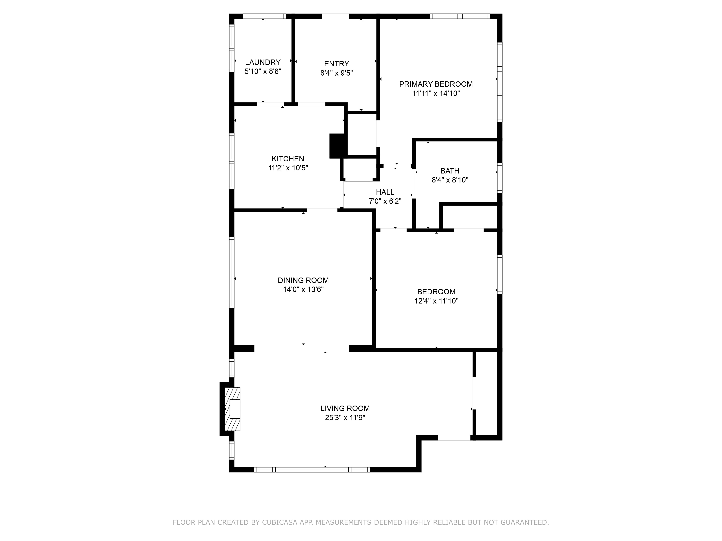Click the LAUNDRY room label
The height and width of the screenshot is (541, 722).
[263, 62]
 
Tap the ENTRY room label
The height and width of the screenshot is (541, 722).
[336, 64]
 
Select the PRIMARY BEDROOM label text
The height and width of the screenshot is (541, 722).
[436, 84]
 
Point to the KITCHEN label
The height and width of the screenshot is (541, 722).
[288, 159]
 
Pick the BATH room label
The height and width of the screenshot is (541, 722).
[450, 171]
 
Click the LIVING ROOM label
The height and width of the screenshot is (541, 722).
[345, 408]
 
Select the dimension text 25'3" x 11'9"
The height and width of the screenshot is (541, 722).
[345, 418]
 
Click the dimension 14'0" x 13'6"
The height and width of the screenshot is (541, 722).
[303, 290]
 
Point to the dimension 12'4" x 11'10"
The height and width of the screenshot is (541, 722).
[436, 301]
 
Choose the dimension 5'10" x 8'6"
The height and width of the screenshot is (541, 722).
[263, 71]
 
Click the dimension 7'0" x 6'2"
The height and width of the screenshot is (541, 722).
[385, 202]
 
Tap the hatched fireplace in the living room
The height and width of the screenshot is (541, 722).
[233, 409]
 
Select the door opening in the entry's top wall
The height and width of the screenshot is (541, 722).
[336, 16]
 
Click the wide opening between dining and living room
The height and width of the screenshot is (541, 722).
[302, 348]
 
